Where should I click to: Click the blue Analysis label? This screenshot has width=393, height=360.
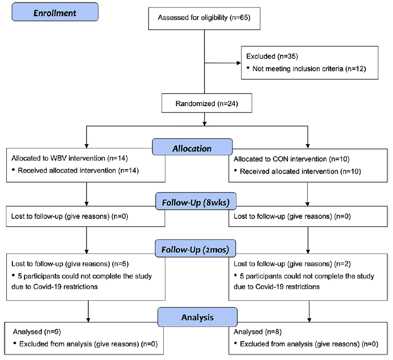coord(197,317)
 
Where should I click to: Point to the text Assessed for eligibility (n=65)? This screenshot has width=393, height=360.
coord(204,18)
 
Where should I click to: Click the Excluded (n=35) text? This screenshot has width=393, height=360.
coord(272,56)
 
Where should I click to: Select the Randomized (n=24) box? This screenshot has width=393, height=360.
coord(207,103)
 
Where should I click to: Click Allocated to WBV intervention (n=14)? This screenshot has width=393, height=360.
coord(70,158)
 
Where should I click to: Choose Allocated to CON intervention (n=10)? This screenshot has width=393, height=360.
coord(291,159)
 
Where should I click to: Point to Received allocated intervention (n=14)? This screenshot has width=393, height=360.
coord(78,171)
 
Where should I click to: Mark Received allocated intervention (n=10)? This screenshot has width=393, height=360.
coord(300,172)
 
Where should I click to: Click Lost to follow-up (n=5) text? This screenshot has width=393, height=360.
coord(70,264)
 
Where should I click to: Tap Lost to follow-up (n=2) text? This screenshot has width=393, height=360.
coord(292,264)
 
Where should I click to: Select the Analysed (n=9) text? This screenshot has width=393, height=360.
coord(37,332)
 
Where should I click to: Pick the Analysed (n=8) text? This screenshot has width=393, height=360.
coord(258,332)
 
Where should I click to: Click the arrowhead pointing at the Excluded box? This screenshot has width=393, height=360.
coord(239,63)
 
